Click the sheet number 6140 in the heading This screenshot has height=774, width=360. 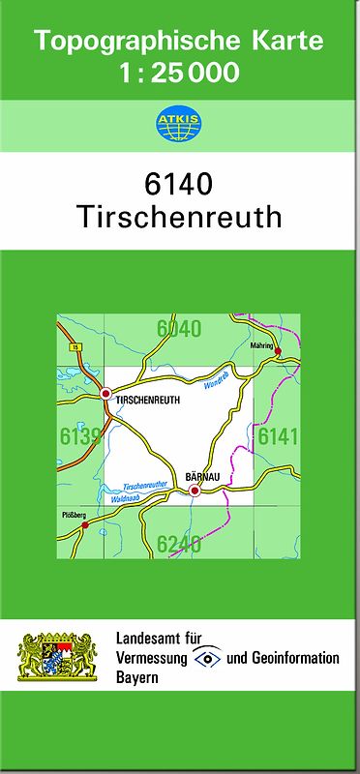[x=179, y=183]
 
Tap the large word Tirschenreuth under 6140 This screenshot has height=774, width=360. [x=179, y=217]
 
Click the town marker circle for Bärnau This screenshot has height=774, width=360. [x=195, y=491]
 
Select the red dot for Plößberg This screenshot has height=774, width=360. [x=84, y=525]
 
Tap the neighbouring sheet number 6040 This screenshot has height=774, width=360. [x=179, y=329]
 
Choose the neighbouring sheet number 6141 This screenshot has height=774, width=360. [x=277, y=437]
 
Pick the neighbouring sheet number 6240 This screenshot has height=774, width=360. [x=179, y=543]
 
